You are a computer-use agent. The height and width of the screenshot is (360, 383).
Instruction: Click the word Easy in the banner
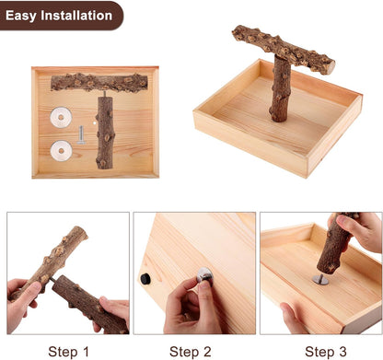click(21, 16)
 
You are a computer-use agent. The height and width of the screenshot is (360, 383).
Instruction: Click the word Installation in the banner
click(76, 15)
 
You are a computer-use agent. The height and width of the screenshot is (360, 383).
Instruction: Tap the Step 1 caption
click(68, 352)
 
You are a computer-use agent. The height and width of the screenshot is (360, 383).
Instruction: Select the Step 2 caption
click(191, 352)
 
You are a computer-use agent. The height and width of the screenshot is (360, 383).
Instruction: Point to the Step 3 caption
click(326, 352)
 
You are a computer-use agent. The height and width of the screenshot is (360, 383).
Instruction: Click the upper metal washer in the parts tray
click(61, 117)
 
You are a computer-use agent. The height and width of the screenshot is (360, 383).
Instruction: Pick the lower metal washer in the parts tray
click(62, 151)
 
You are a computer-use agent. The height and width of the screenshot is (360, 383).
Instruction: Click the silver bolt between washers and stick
click(81, 135)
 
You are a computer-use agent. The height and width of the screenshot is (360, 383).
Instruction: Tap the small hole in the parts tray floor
click(95, 122)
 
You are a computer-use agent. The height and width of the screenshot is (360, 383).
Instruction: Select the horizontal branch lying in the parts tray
click(99, 83)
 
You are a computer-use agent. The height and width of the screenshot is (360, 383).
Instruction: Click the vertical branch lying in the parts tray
click(105, 133)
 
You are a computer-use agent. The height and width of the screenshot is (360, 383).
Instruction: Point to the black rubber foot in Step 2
click(145, 279)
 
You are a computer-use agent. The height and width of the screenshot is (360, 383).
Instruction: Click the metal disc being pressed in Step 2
click(205, 275)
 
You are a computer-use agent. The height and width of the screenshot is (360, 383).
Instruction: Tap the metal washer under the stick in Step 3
click(320, 279)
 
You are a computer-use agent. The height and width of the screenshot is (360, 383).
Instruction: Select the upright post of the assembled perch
click(280, 89)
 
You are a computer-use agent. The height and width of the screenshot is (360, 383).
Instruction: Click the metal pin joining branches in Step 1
click(52, 280)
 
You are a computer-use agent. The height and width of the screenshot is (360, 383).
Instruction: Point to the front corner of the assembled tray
click(307, 177)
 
